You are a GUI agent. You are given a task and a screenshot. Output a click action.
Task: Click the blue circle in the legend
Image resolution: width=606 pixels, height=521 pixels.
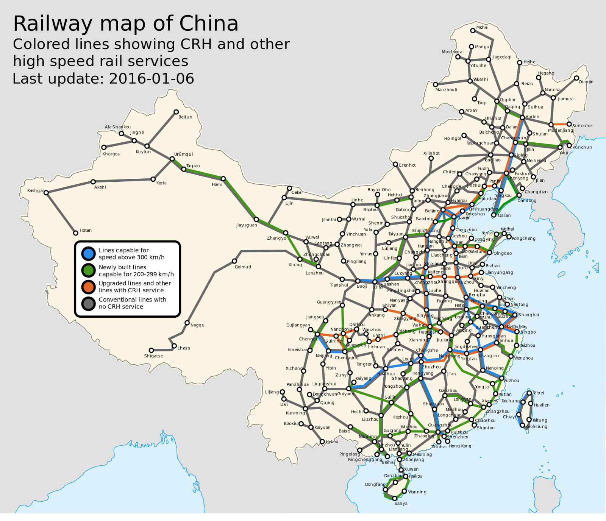pos(88,253)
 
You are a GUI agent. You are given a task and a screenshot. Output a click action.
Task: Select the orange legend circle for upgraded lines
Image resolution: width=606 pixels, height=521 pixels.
pos(88,287)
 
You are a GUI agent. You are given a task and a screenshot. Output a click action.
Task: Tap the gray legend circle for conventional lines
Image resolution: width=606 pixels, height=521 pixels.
pos(88,303)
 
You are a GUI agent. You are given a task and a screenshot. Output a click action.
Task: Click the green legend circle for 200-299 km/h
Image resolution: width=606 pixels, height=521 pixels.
pos(88,270)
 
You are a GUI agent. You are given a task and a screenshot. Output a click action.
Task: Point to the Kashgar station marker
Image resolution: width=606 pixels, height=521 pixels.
pos(46,193)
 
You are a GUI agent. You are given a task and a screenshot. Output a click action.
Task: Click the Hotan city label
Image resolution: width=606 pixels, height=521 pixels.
pos(86,230)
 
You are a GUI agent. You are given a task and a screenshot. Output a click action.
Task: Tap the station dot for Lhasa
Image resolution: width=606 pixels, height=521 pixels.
pos(174,346)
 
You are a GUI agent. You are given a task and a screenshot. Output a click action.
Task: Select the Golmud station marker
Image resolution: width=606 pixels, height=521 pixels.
pos(234,261)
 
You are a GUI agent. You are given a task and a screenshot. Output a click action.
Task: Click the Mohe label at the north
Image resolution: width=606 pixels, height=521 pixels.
pos(482,27)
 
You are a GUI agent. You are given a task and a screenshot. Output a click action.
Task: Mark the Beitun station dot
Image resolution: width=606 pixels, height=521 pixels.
pos(176,112)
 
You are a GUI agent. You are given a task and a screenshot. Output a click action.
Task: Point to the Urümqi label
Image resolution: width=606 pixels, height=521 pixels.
pos(183,154)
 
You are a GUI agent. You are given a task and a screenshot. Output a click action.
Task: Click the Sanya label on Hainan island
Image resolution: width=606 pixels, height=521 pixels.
pos(401,504)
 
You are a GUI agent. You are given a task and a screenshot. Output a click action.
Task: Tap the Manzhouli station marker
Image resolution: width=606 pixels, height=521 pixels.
pos(436,84)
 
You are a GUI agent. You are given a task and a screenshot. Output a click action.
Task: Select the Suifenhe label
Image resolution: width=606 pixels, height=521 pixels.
pos(582,126)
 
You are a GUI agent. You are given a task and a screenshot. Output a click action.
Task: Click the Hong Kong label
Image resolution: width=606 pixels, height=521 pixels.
pos(460,446)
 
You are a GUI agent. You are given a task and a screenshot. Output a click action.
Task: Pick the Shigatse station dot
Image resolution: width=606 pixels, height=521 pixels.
pos(151,350)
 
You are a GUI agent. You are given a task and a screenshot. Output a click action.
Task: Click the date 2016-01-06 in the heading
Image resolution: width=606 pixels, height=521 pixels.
pos(151,79)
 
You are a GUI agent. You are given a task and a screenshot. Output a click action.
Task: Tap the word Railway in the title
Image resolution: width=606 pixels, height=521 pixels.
pos(52,23)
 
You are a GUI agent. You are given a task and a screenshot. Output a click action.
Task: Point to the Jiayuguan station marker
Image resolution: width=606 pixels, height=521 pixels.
pos(256,219)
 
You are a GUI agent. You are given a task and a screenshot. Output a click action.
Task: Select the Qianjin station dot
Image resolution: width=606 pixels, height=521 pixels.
pos(576,78)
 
